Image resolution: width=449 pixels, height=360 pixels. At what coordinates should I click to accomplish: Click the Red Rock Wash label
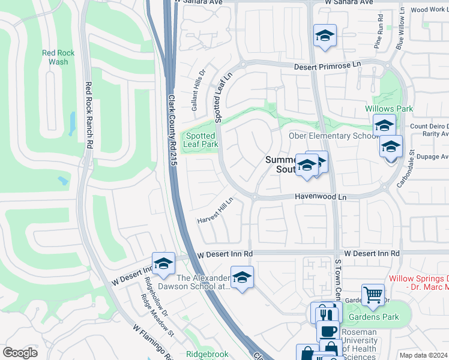coord(58,57)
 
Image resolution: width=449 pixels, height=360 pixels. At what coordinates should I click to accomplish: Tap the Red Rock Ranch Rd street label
coord(88,115)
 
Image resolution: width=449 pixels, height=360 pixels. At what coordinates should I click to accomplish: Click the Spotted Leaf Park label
coord(200,140)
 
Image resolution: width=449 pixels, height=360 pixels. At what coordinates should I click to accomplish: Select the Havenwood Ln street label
coord(321,196)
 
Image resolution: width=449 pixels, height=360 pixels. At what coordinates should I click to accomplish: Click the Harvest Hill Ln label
coord(215,211)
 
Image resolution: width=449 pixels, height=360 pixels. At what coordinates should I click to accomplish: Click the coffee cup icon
coord(328,331)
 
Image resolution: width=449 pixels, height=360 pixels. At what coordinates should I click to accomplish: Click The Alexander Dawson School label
coord(204,282)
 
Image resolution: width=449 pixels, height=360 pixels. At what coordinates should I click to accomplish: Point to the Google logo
coord(20,353)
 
